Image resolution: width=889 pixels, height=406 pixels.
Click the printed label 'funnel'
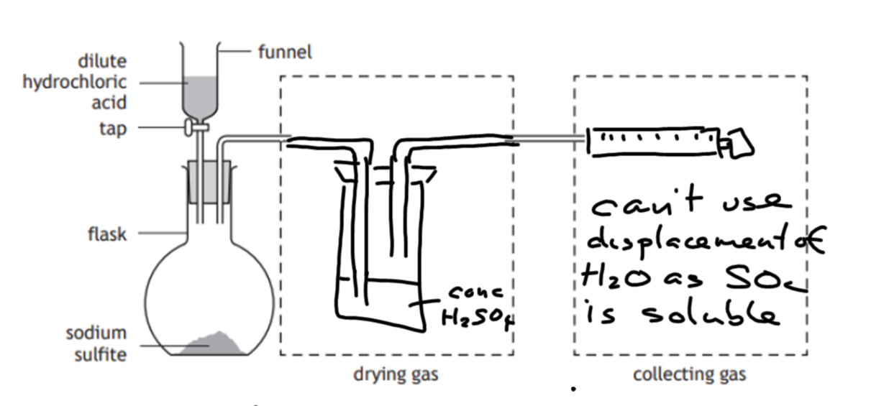[285, 52]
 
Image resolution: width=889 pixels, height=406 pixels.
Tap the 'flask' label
[106, 234]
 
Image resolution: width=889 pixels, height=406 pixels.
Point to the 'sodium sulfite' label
[96, 343]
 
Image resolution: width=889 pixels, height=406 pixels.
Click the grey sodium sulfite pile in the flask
[213, 345]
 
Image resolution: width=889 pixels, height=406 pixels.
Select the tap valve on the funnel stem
[193, 128]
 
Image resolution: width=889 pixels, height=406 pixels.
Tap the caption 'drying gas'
[396, 374]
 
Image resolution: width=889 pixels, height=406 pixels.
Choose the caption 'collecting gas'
[689, 374]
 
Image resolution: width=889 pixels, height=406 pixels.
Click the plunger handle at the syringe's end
[737, 143]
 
